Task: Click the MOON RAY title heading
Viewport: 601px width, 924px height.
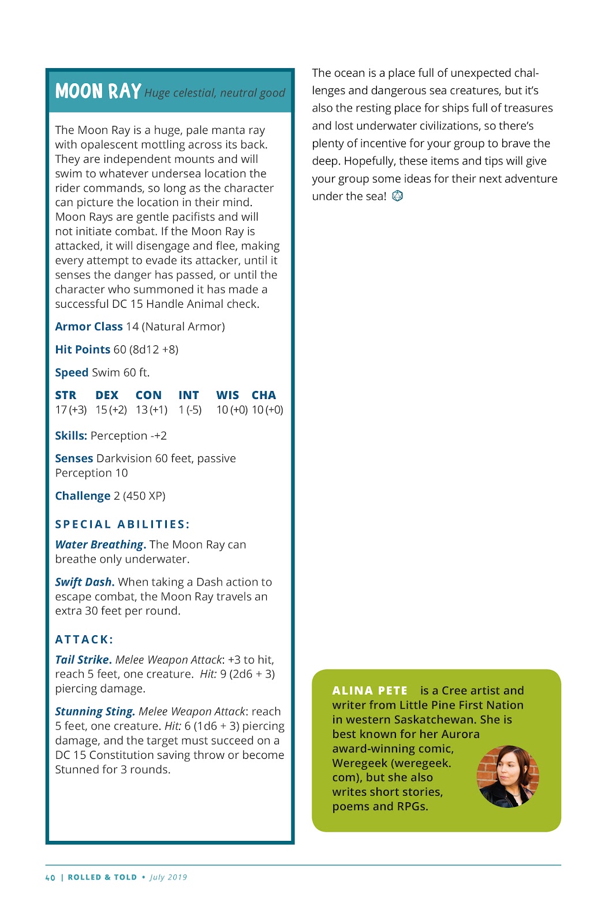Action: tap(98, 91)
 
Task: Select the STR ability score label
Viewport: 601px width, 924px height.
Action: tap(66, 395)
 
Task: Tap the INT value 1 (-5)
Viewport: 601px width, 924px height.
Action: tap(190, 409)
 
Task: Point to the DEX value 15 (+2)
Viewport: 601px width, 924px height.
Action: tap(111, 409)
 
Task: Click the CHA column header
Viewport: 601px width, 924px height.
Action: tap(264, 395)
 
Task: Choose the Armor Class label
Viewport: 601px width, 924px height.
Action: tap(89, 326)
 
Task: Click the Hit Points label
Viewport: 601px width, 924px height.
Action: tap(83, 349)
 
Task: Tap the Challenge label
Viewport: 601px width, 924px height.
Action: tap(83, 495)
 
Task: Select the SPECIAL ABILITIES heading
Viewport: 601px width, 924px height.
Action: tap(122, 524)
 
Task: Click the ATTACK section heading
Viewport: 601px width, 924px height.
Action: tap(84, 639)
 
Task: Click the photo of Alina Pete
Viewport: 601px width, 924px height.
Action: tap(507, 776)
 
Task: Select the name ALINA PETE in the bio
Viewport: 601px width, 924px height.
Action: tap(369, 691)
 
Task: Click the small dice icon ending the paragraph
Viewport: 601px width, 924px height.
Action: tap(397, 196)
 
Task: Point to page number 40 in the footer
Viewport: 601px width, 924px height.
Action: tap(50, 877)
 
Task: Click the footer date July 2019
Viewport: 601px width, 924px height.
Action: tap(169, 877)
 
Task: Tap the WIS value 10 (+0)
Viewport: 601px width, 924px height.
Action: tap(232, 409)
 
